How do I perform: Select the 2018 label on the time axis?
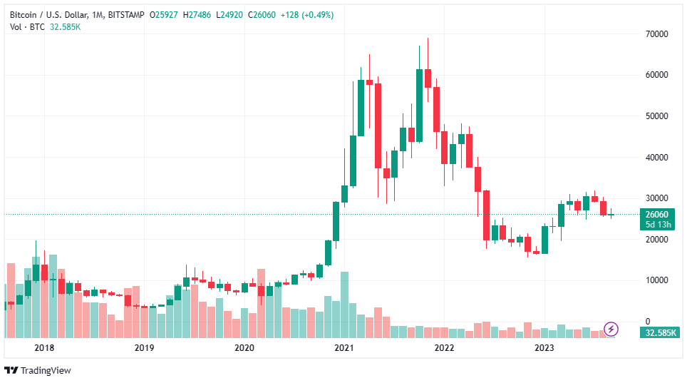(44, 347)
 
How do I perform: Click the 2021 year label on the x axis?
(344, 347)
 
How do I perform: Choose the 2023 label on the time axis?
(544, 347)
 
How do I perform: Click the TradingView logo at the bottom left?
(38, 370)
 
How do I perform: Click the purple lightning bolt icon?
(611, 329)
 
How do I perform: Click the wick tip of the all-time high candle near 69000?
(428, 39)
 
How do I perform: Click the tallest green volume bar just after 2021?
(344, 305)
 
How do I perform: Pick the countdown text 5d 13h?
(655, 225)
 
